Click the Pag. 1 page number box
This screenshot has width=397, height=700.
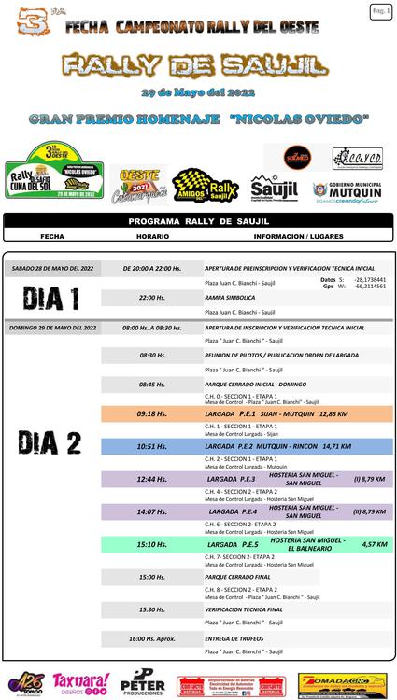coord(381,11)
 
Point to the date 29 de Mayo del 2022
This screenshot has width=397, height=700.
coord(197,95)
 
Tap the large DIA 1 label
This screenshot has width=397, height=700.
coord(51,299)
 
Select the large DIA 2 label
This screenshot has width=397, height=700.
coord(51,442)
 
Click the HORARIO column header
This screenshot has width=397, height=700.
coord(152,236)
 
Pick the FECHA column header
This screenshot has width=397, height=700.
coord(53,236)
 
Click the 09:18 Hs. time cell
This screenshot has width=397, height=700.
coord(152,413)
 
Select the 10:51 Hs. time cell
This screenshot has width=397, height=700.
coord(152,446)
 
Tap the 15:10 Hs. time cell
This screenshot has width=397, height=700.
coord(152,544)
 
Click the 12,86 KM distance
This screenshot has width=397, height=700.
coord(333,413)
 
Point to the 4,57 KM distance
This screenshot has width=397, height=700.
coord(375,544)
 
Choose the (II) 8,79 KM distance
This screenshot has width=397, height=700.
coord(369,511)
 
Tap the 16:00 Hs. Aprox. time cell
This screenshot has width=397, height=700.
coord(152,638)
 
